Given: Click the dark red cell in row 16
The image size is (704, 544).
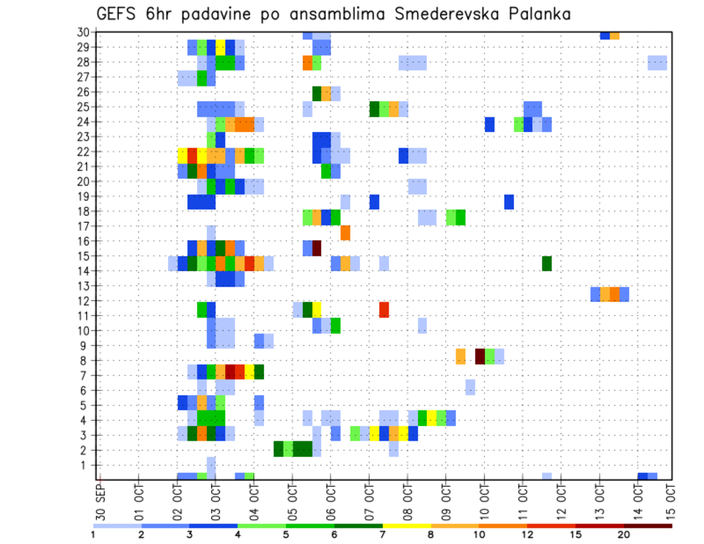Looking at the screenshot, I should point(317,248).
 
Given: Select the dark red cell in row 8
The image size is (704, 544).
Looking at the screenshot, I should point(480,356).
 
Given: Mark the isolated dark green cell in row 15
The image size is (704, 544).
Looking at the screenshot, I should point(546,263).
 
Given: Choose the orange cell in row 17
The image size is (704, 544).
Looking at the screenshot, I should point(345,233).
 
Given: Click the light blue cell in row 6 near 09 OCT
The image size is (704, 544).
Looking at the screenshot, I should point(470,386).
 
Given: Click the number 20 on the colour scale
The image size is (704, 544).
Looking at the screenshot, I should point(624,534).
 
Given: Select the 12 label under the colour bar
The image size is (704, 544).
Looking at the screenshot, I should point(527,534).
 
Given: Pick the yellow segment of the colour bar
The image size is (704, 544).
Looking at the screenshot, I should point(406,525).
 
